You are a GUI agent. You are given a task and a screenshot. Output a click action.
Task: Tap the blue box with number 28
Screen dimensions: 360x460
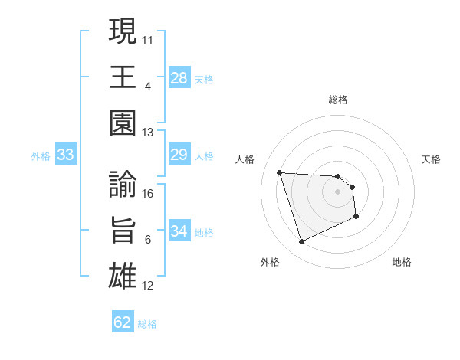179,77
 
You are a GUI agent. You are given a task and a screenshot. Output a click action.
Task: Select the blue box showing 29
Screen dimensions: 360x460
179,155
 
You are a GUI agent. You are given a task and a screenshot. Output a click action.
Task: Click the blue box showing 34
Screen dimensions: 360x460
179,231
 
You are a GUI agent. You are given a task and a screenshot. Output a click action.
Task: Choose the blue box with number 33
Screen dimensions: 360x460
66,155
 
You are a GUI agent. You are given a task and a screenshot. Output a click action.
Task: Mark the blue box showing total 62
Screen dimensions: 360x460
123,322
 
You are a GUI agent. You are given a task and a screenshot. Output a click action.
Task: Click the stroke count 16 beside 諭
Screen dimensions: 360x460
149,193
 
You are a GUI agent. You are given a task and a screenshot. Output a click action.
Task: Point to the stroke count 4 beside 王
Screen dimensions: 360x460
147,86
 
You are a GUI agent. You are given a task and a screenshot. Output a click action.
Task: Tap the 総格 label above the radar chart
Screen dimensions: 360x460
338,100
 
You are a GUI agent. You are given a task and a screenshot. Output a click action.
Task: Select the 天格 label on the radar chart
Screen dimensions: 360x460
432,159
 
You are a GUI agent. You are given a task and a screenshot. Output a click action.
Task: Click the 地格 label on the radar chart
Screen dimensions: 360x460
402,262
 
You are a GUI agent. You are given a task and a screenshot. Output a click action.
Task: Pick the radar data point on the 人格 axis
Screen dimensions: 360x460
280,172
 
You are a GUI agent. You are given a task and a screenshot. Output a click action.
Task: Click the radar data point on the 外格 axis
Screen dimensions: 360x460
301,242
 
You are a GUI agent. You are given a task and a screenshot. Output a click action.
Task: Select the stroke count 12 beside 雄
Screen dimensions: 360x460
149,286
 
